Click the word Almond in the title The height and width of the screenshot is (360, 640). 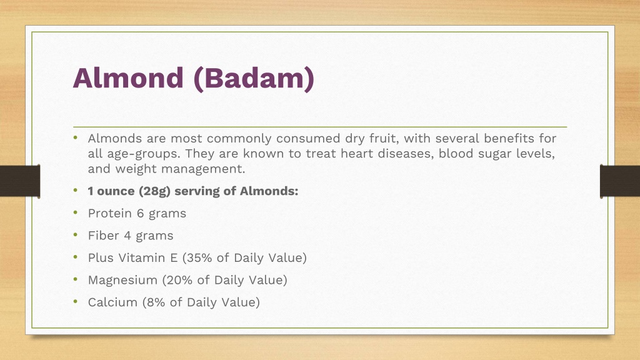click(128, 77)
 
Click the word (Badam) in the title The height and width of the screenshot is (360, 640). click(254, 79)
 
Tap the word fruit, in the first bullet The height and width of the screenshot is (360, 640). click(384, 138)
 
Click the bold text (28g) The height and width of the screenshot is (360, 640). click(154, 191)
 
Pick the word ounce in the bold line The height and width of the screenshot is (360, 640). click(116, 191)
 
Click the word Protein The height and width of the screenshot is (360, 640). click(110, 214)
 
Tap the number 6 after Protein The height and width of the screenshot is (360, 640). click(141, 214)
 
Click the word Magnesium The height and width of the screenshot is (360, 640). click(122, 281)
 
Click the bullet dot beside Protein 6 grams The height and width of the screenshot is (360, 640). click(76, 212)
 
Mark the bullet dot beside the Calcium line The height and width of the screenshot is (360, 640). click(76, 302)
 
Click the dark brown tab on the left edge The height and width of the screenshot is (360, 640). click(20, 181)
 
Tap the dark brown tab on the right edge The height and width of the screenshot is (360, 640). click(619, 181)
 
